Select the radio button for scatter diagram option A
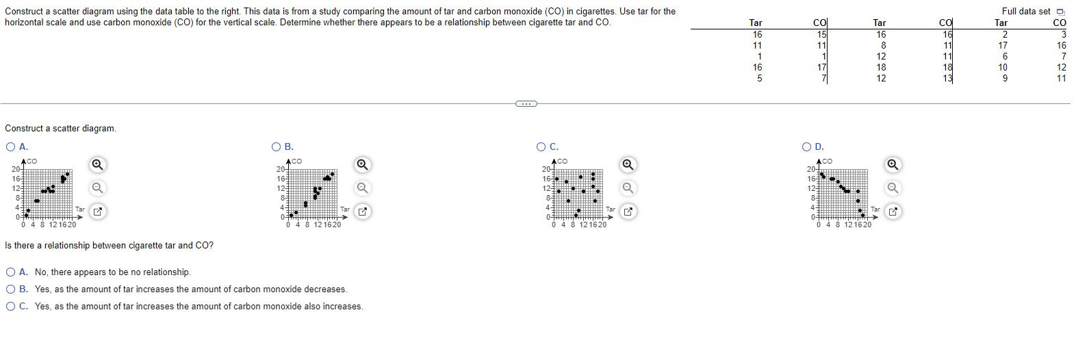pyautogui.click(x=10, y=146)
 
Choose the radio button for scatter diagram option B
pyautogui.click(x=276, y=146)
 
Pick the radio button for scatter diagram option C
pyautogui.click(x=541, y=146)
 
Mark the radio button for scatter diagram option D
pyautogui.click(x=806, y=146)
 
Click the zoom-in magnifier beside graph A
pyautogui.click(x=98, y=164)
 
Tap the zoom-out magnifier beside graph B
pyautogui.click(x=363, y=188)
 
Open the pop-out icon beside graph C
pyautogui.click(x=628, y=211)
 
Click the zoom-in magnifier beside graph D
pyautogui.click(x=893, y=164)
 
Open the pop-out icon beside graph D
pyautogui.click(x=893, y=211)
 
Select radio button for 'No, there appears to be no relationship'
pyautogui.click(x=10, y=272)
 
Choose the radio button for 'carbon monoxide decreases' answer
pyautogui.click(x=10, y=289)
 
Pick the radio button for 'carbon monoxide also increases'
pyautogui.click(x=10, y=306)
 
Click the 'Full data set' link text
pyautogui.click(x=1025, y=11)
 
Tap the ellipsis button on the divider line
pyautogui.click(x=526, y=103)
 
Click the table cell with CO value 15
pyautogui.click(x=821, y=34)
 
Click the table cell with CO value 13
pyautogui.click(x=947, y=78)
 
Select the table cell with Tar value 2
pyautogui.click(x=1005, y=34)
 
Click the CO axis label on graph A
pyautogui.click(x=32, y=161)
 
